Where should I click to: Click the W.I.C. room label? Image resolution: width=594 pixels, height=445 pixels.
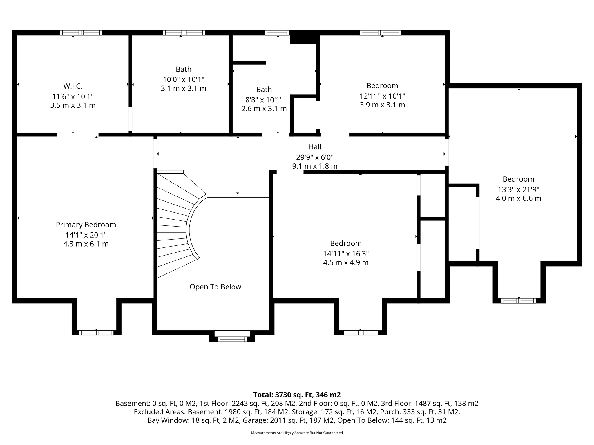(73, 86)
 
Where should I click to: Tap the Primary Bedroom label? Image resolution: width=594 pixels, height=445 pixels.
(86, 225)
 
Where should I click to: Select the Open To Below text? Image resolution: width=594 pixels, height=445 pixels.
(215, 287)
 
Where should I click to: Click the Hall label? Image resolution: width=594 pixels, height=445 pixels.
(315, 147)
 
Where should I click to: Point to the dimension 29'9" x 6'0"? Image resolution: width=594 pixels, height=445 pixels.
(315, 157)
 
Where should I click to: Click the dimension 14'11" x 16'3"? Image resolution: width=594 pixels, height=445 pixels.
(346, 254)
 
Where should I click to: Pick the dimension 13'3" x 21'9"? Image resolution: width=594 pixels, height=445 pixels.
(519, 189)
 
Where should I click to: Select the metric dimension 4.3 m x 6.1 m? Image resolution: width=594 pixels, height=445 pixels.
(86, 244)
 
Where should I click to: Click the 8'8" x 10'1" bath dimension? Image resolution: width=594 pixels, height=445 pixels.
(264, 100)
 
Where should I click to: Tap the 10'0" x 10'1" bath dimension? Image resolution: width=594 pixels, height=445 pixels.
(184, 79)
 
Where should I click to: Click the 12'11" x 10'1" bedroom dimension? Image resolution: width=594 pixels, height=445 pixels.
(382, 96)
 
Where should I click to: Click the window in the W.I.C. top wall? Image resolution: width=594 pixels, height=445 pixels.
(81, 33)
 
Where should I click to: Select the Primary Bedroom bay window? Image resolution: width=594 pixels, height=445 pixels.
(96, 333)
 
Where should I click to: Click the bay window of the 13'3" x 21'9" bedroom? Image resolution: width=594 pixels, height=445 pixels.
(519, 301)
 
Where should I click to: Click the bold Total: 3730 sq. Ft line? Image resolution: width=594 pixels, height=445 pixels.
(297, 395)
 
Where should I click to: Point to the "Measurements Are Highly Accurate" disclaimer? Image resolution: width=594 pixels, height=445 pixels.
(297, 433)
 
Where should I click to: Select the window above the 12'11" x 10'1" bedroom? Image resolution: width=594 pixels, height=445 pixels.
(381, 33)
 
